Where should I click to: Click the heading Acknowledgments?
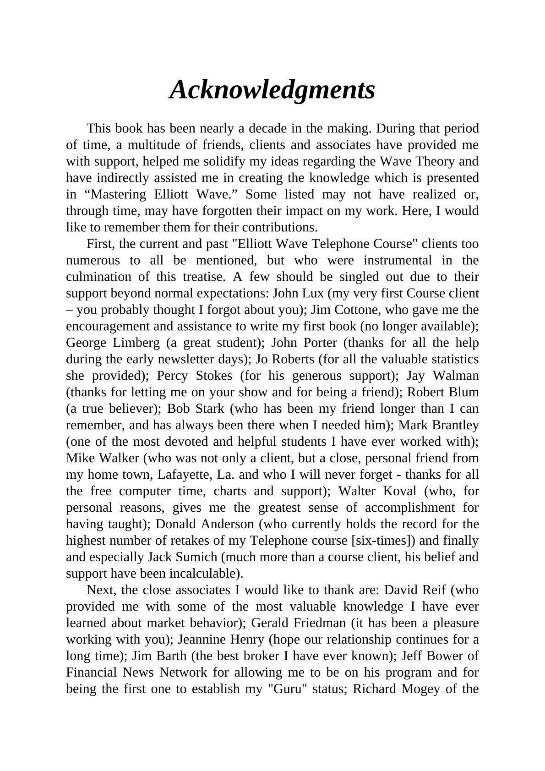pos(272,89)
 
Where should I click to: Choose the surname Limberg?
pos(137,343)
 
